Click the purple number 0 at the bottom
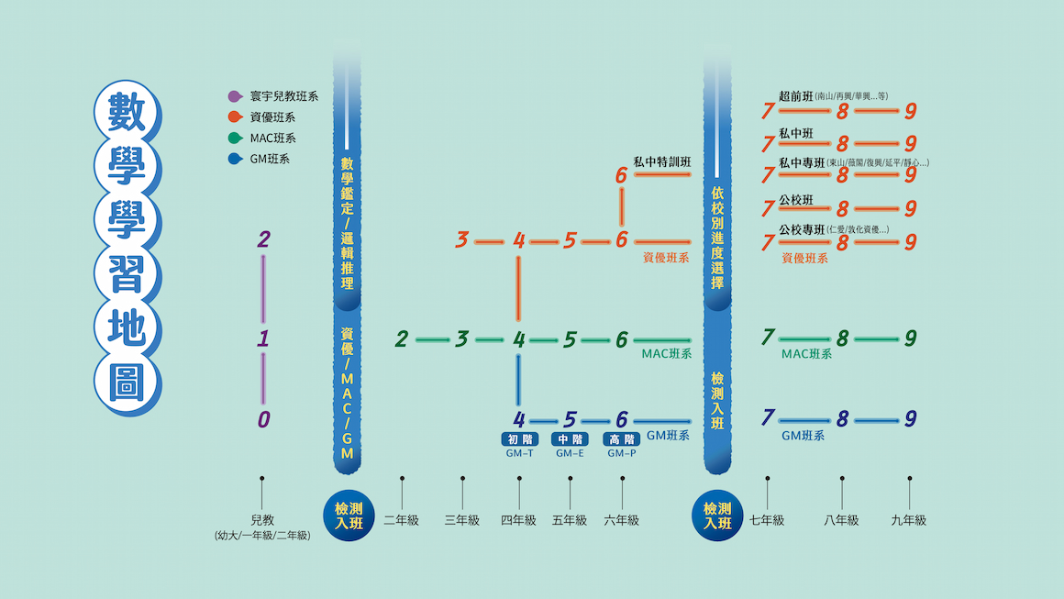pyautogui.click(x=263, y=420)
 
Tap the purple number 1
pyautogui.click(x=263, y=339)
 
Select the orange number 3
pyautogui.click(x=462, y=240)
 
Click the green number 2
pyautogui.click(x=402, y=339)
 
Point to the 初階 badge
pyautogui.click(x=519, y=439)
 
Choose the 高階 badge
pyautogui.click(x=621, y=439)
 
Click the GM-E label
pyautogui.click(x=570, y=453)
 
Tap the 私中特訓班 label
pyautogui.click(x=661, y=161)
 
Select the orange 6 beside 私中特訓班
pyautogui.click(x=621, y=174)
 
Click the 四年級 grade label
pyautogui.click(x=518, y=520)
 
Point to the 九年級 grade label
pyautogui.click(x=909, y=520)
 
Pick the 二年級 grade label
pyautogui.click(x=401, y=520)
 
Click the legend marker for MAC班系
pyautogui.click(x=235, y=139)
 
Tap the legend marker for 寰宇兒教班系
pyautogui.click(x=235, y=95)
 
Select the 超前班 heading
pyautogui.click(x=795, y=95)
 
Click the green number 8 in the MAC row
pyautogui.click(x=842, y=338)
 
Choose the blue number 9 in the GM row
pyautogui.click(x=910, y=419)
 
